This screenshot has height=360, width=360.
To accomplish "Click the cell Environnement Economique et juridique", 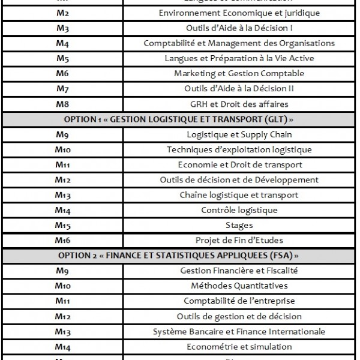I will point(239,13).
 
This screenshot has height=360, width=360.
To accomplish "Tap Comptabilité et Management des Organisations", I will point(239,43).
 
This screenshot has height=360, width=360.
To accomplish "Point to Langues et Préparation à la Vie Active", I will point(239,58).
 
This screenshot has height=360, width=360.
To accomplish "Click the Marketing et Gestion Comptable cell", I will point(239,73).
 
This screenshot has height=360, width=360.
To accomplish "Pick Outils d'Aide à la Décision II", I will point(239,89).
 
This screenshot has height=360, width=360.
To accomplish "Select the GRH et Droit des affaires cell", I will point(239,104).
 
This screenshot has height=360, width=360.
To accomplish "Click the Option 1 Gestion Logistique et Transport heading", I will point(179,119).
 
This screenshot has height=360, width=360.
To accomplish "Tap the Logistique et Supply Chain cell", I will point(239,134).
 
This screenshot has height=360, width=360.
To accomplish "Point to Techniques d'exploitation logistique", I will point(239,149).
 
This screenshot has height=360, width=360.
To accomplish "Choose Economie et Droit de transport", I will point(239,165).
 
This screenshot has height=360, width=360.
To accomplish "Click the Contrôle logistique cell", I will point(239,210).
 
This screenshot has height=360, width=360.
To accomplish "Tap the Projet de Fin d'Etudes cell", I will point(239,241).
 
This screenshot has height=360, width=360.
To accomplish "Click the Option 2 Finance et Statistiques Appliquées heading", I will point(179,256).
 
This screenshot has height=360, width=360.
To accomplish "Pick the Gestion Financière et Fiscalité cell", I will point(239,271).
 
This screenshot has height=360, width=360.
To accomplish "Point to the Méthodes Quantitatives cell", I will point(239,286).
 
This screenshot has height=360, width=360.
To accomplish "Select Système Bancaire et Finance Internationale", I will point(239,332).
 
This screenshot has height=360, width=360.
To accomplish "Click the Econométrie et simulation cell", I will point(239,347).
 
